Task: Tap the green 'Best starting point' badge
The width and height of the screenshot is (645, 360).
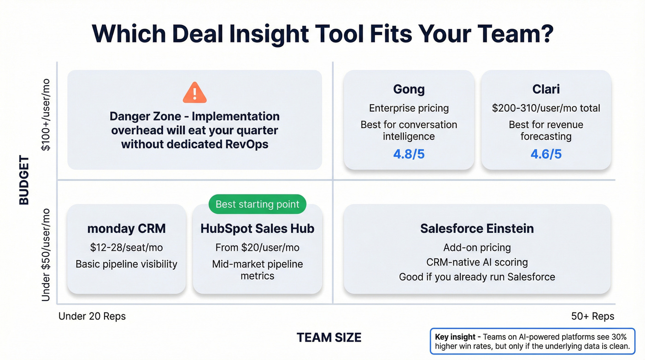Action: click(x=257, y=204)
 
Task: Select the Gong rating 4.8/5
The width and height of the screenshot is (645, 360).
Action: click(x=409, y=154)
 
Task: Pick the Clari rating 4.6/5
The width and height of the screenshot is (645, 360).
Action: click(x=546, y=154)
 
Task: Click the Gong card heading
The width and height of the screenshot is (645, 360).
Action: click(x=409, y=89)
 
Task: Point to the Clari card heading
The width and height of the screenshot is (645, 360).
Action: click(x=546, y=89)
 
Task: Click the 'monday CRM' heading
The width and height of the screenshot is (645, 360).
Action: click(x=126, y=229)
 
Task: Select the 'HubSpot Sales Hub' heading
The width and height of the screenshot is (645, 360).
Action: click(x=257, y=229)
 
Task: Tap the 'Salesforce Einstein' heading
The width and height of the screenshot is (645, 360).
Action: click(x=477, y=229)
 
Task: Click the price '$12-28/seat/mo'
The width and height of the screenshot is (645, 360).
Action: click(x=126, y=248)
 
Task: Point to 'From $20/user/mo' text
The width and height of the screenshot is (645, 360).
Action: click(x=257, y=248)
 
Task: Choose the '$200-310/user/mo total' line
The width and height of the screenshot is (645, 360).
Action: click(x=546, y=108)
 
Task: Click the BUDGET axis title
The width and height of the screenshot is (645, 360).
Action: click(x=24, y=180)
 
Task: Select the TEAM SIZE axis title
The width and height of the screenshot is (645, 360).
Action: click(x=329, y=337)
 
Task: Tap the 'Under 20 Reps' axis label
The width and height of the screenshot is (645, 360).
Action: click(x=92, y=316)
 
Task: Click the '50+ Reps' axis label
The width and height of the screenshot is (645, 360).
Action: click(x=592, y=316)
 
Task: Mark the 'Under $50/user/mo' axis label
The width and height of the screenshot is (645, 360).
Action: click(x=46, y=255)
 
